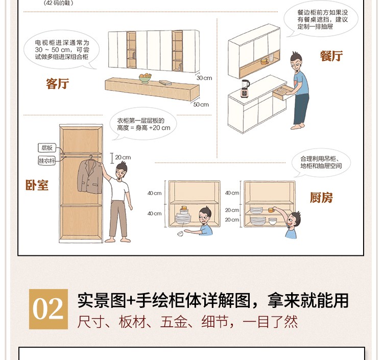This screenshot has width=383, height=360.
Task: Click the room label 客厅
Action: (x=57, y=84)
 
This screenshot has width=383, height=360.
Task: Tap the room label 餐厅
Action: (x=331, y=56)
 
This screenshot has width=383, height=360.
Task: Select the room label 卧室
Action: (x=37, y=185)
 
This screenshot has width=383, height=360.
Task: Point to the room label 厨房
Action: (x=321, y=197)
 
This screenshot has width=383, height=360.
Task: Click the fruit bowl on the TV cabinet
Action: (x=145, y=78)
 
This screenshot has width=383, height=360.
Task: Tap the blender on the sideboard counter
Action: (x=245, y=88)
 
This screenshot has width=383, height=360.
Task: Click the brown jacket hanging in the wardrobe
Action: (x=90, y=176)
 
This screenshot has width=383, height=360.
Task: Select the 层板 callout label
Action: (x=47, y=148)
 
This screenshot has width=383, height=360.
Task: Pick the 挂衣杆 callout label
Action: (x=46, y=160)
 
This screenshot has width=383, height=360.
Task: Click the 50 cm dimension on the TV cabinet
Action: (x=201, y=105)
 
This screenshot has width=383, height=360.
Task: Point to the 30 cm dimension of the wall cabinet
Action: (x=204, y=78)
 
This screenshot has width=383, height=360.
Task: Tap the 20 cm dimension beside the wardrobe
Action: (x=123, y=157)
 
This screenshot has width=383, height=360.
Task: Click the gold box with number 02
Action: (x=49, y=309)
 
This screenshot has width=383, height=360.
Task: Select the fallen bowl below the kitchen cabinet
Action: (x=180, y=234)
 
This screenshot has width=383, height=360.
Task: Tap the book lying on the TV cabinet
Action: (x=165, y=83)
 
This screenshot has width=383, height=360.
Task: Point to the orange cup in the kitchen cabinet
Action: (x=271, y=209)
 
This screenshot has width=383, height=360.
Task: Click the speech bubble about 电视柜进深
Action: (x=62, y=50)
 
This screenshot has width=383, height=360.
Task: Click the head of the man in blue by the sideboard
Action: (x=296, y=61)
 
